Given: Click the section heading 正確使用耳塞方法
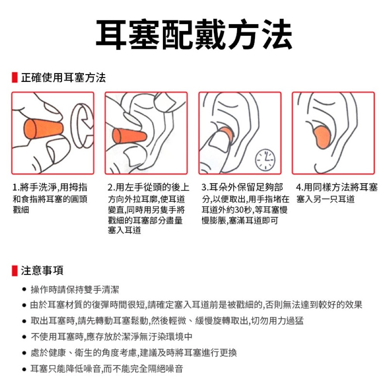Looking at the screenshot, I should coord(63,78).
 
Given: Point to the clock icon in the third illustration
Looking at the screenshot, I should coord(265,159).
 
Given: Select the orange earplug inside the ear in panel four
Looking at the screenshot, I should coord(322,138).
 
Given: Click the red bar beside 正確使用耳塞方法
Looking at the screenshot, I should coord(14,78).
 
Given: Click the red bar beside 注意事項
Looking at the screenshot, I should coord(14,270).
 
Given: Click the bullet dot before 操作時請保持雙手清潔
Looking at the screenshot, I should coord(24,289).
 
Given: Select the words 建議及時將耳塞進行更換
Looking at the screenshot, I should coord(188,353).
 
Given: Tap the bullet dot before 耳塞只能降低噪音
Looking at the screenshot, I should coord(24,369).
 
